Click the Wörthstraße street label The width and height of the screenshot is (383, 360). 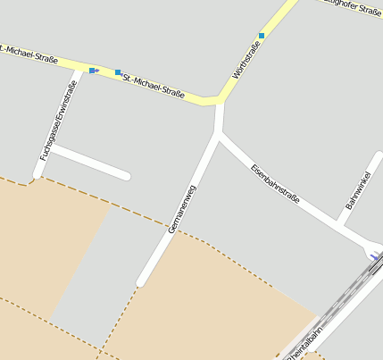[x=246, y=59]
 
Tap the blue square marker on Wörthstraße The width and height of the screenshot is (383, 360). [x=262, y=36]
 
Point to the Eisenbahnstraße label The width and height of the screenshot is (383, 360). [x=275, y=182]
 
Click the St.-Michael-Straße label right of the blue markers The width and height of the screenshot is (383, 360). [x=154, y=85]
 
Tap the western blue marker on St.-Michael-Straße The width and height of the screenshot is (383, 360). [x=93, y=70]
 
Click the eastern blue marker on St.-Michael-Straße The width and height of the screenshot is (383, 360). [x=118, y=72]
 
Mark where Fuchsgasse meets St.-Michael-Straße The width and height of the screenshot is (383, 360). [x=73, y=70]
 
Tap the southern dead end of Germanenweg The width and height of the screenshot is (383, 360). [x=141, y=283]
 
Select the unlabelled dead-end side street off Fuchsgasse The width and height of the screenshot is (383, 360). [x=89, y=163]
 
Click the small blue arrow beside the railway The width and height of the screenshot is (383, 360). [x=372, y=256]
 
